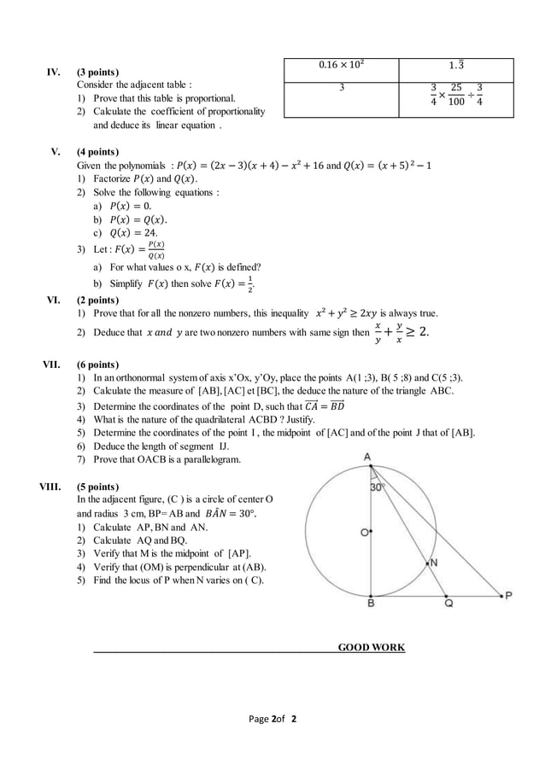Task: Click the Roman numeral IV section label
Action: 52,73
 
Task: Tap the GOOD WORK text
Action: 372,647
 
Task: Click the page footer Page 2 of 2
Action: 272,719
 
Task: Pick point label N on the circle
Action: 433,563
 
